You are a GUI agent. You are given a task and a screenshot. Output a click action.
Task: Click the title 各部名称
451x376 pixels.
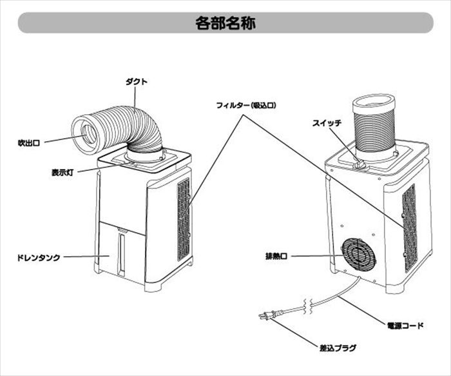click(225, 23)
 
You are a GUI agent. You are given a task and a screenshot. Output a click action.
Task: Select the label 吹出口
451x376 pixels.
click(28, 143)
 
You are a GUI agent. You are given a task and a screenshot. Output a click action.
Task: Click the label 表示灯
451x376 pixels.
click(64, 172)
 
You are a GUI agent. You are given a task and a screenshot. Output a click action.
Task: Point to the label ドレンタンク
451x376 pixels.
click(39, 257)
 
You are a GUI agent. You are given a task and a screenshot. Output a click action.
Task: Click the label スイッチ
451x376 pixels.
click(327, 123)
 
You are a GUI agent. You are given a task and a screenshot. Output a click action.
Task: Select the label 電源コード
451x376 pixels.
click(405, 326)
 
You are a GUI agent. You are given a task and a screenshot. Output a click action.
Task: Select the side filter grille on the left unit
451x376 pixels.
click(184, 217)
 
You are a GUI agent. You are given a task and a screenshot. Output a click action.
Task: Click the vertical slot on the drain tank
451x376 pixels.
click(119, 253)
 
